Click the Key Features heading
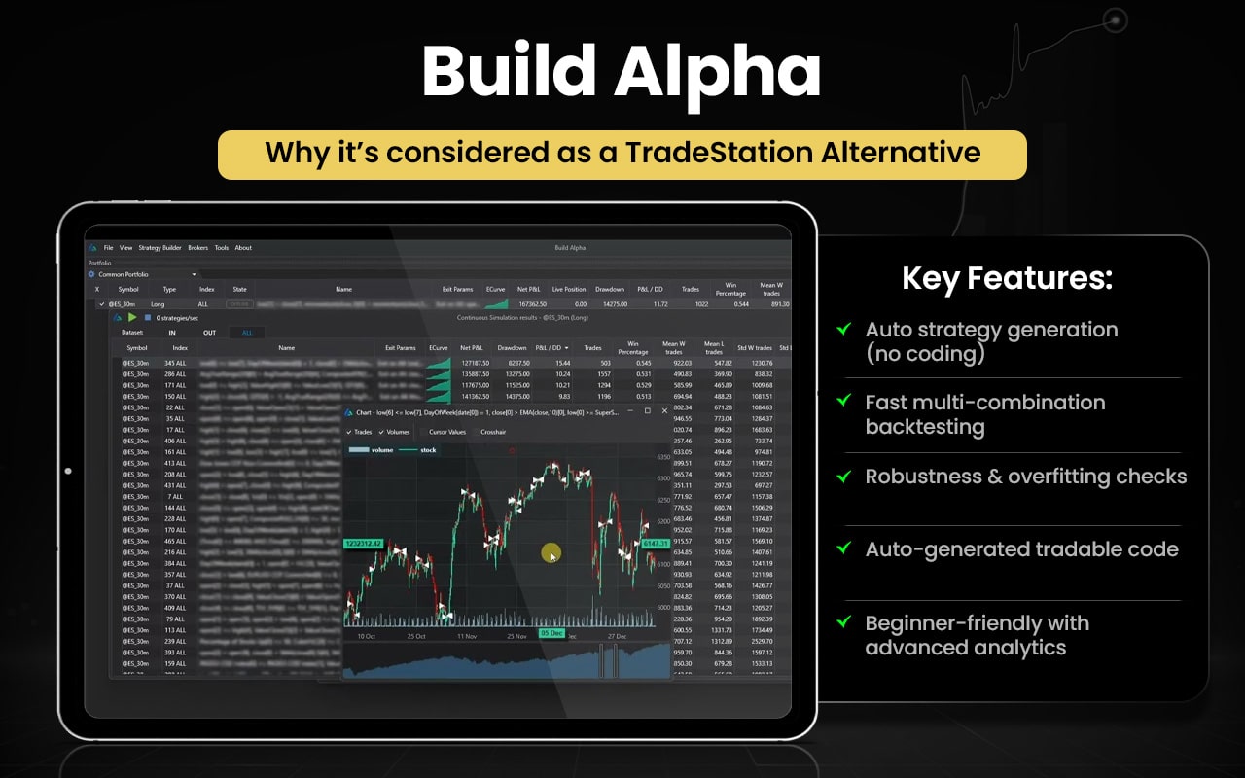[x=1007, y=279]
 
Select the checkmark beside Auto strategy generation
[x=844, y=330]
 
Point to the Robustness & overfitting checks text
[x=1025, y=477]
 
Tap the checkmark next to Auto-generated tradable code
[x=844, y=549]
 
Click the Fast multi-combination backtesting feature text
[x=984, y=414]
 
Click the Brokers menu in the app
[x=198, y=248]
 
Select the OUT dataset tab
[x=209, y=333]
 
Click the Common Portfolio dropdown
[x=146, y=275]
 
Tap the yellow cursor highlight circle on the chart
[x=551, y=554]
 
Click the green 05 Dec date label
[x=551, y=633]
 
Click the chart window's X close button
[x=664, y=411]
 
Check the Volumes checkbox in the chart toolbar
[x=395, y=432]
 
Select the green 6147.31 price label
[x=656, y=544]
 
